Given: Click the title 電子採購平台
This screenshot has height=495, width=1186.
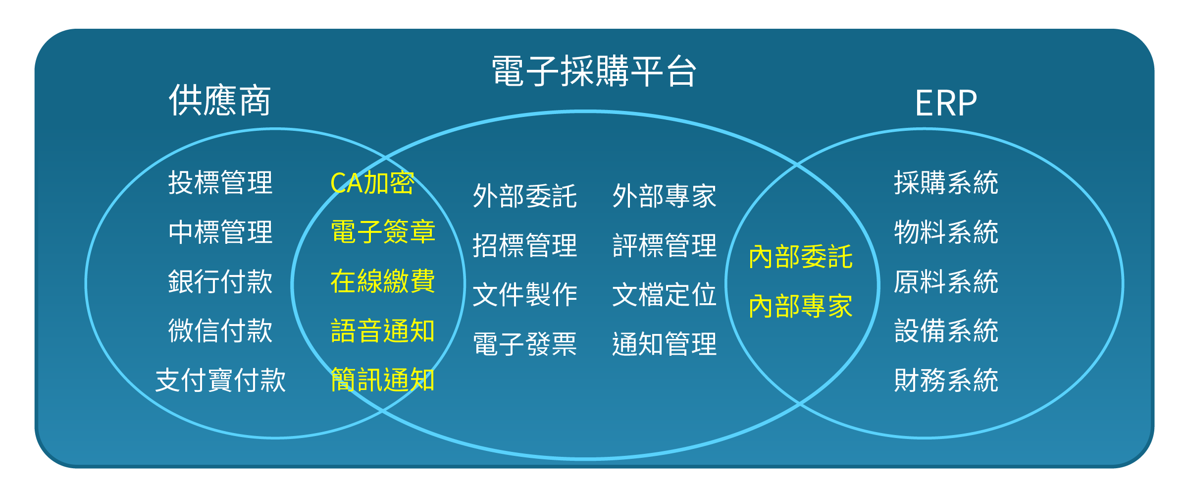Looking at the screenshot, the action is (594, 71).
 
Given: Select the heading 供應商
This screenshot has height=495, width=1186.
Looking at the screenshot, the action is (220, 100).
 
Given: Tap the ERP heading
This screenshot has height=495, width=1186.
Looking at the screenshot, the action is (946, 103).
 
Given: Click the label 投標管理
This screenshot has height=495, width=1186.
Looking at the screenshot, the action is (220, 182).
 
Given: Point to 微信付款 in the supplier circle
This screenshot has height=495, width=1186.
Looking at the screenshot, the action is (220, 330).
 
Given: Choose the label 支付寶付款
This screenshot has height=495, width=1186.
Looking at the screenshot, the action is (220, 380).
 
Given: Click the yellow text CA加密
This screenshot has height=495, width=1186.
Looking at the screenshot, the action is (372, 182).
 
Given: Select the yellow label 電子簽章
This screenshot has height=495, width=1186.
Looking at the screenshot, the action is (383, 231).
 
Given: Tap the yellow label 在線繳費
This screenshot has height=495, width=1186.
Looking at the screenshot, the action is (383, 281).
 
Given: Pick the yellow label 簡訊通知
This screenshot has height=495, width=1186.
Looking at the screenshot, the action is (383, 380).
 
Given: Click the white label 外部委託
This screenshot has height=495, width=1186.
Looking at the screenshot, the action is (525, 196).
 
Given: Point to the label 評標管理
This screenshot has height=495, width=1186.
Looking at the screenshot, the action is (665, 245).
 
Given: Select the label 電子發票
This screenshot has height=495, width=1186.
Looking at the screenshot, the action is (525, 344).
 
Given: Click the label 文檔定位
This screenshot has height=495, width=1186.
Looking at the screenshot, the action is (665, 294).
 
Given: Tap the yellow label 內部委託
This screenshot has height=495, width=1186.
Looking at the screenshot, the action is (801, 257).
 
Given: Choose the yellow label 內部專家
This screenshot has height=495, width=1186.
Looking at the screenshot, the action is (801, 306).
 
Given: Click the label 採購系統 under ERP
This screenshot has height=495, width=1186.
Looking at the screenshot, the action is (946, 182).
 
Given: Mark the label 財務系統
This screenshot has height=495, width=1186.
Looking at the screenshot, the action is (946, 380).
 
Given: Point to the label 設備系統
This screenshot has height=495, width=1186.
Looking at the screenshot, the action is (946, 330).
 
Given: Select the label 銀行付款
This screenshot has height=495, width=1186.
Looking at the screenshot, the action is (220, 281).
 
